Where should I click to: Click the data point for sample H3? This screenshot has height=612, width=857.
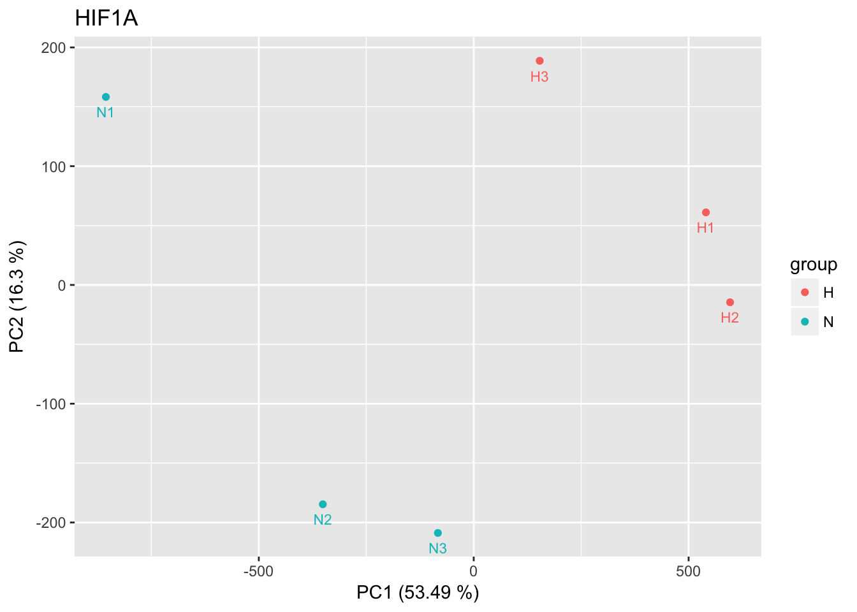coord(539,61)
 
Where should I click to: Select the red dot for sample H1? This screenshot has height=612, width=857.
coord(706,212)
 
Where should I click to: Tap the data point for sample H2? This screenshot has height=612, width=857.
coord(730,302)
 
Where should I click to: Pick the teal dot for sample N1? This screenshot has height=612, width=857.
coord(106,97)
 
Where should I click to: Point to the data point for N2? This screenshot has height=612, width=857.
coord(323,504)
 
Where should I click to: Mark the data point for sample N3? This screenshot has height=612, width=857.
coord(438,533)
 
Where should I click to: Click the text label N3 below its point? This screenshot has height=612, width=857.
coord(438,548)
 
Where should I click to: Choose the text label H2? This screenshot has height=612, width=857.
coord(730,317)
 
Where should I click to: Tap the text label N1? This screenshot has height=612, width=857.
coord(106,113)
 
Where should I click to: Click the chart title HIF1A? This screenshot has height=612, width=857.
coord(106,18)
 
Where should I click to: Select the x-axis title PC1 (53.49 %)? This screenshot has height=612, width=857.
coord(418,593)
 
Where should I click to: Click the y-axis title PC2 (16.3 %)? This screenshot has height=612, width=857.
coord(17,296)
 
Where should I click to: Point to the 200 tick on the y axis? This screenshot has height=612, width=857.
coord(57,48)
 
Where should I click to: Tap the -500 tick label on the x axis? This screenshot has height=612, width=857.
coord(258,571)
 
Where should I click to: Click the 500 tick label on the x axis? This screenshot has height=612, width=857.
coord(689,571)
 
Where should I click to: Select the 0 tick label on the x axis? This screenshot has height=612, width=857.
coord(473,571)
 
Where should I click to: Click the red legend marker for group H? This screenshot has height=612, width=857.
coord(805,292)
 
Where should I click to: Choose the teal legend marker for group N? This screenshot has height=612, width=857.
coord(805,322)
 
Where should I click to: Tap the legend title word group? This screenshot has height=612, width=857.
coord(814,265)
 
